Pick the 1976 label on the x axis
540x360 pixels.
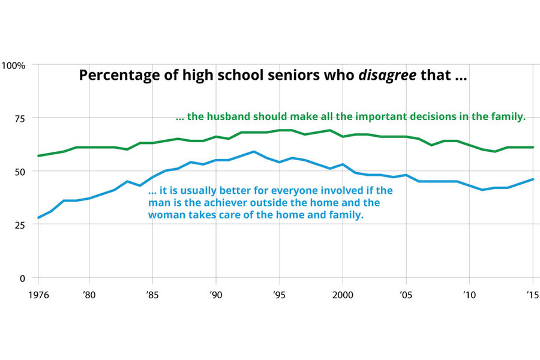tap(38, 295)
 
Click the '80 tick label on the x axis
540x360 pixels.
tap(89, 295)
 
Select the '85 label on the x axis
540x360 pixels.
tap(152, 295)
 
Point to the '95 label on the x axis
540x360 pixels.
tap(279, 295)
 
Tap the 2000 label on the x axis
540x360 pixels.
tap(343, 295)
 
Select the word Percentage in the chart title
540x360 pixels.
tap(114, 76)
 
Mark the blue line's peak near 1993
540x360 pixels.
tap(254, 152)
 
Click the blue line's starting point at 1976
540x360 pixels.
tap(39, 218)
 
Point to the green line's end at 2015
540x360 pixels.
tap(533, 147)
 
